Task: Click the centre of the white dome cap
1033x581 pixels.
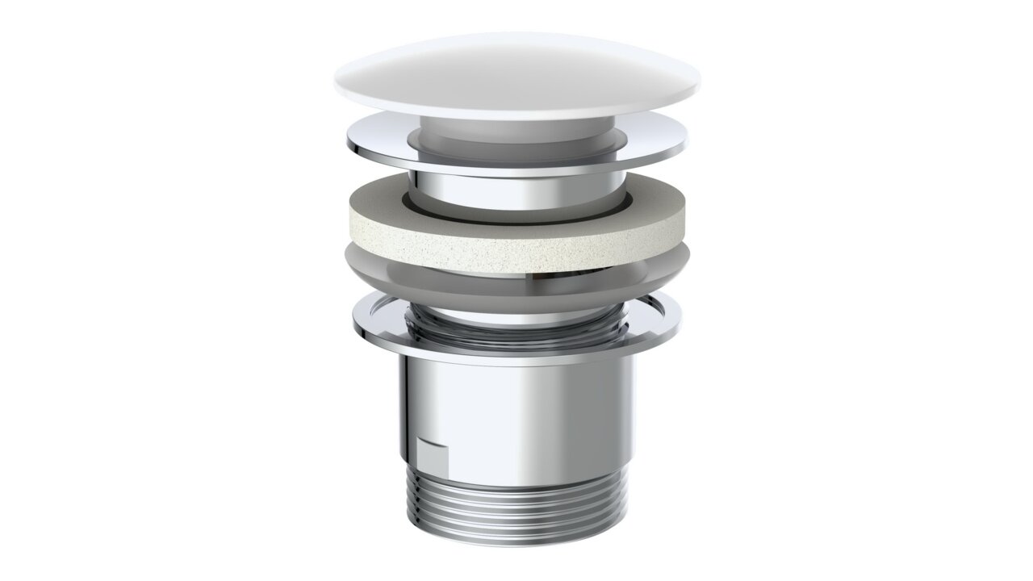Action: [516, 73]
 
